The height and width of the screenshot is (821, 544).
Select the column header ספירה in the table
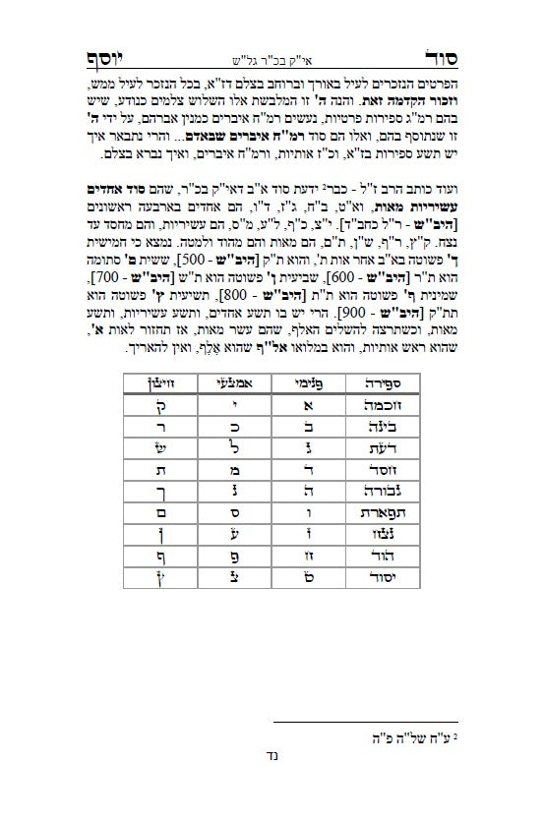pos(383,380)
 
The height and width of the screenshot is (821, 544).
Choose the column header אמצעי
pos(224,380)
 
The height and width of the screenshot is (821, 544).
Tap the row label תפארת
pos(384,512)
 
